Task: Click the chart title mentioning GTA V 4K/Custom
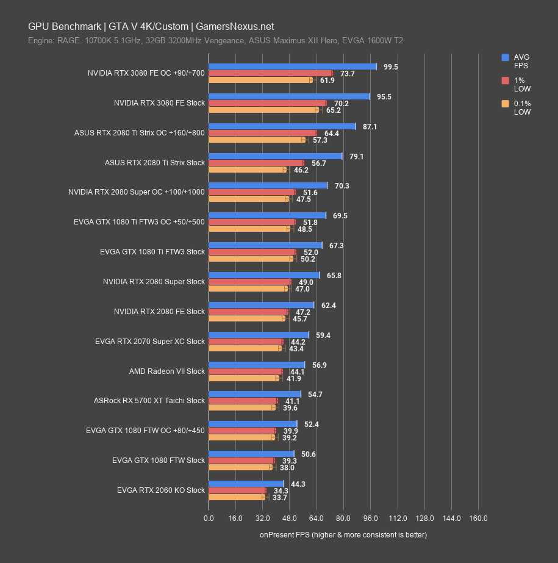(151, 26)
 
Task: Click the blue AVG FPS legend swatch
(505, 57)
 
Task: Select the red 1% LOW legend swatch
(505, 81)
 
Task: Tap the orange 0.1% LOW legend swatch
(505, 104)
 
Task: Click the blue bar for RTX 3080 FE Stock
(289, 96)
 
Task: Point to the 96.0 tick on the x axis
(370, 518)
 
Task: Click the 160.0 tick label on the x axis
(478, 518)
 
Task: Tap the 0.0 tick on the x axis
(209, 518)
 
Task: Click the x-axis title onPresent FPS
(343, 535)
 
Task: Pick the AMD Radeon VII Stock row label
(167, 371)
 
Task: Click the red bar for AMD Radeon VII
(245, 371)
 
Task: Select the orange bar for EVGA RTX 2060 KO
(237, 497)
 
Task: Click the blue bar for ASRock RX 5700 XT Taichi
(254, 394)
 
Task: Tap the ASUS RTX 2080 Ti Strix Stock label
(155, 163)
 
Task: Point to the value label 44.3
(298, 484)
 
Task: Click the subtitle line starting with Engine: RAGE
(215, 41)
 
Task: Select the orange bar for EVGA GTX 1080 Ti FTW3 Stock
(250, 259)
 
